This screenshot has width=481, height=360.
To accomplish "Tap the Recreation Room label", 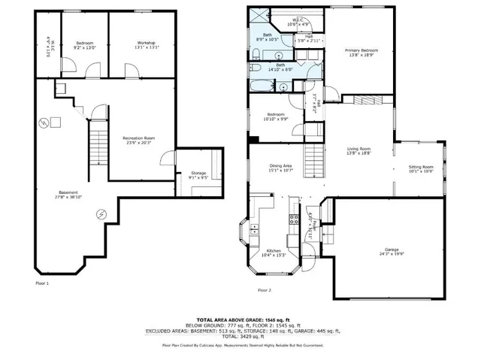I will pos(138,140).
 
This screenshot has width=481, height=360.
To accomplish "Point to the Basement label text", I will pos(67,194).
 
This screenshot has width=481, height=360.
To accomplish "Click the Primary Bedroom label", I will pos(361,53).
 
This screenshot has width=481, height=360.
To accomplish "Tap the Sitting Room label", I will pos(421,168).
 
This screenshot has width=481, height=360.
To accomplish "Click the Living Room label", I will pos(358,150).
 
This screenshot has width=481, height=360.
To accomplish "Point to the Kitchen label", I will pos(274,253).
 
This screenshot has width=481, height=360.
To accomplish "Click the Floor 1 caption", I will pos(42,283).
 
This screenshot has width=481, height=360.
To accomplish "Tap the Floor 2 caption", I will pos(264,289).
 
